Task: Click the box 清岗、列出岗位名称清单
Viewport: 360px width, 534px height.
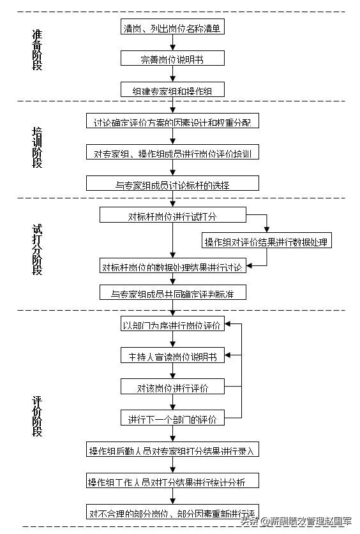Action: click(172, 28)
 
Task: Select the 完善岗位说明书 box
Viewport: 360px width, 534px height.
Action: click(172, 59)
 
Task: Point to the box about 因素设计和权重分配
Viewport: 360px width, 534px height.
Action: click(172, 122)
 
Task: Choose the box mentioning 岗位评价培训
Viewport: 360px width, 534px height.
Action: click(172, 153)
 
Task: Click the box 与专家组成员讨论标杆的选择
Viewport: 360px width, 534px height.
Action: click(172, 184)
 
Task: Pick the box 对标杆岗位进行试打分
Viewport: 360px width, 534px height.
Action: click(172, 216)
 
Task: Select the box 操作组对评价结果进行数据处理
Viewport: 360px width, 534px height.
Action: click(267, 242)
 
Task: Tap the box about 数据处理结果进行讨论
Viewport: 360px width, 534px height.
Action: click(172, 267)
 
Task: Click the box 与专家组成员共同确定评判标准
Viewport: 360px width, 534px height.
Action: click(172, 293)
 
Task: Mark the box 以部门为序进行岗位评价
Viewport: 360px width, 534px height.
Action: click(172, 325)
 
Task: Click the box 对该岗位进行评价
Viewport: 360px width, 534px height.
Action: click(172, 387)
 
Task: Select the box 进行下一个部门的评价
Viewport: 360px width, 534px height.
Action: click(172, 419)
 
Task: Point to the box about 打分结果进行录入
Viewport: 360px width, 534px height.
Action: click(172, 450)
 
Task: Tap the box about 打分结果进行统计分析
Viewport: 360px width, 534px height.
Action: click(172, 480)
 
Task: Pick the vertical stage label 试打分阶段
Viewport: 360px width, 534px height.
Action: click(37, 249)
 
